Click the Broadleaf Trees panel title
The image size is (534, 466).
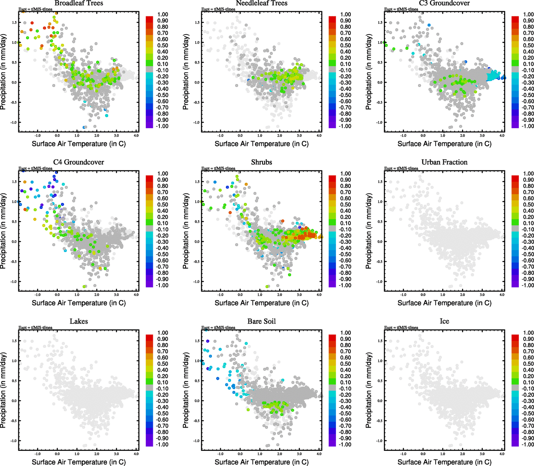coord(79,3)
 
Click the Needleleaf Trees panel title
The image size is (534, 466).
coord(261,3)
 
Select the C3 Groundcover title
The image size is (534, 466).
coord(444,3)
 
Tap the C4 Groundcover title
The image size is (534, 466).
coord(79,162)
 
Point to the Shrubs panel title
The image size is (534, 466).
coord(261,162)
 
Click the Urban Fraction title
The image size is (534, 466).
coord(444,162)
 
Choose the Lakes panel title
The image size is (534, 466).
coord(79,322)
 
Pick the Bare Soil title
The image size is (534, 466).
coord(261,322)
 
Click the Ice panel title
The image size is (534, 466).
coord(444,322)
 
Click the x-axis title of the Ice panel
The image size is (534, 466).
coord(444,462)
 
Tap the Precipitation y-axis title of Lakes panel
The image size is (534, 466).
coord(4,390)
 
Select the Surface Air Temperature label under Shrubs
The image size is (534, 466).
coord(261,303)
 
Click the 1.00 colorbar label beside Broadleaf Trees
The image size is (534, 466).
coord(163,14)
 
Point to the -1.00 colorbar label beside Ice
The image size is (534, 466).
coord(528,444)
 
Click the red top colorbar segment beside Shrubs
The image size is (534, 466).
coord(332,178)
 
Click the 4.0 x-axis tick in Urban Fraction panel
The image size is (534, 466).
coord(502,295)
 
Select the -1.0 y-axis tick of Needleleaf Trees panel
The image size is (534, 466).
coord(197,122)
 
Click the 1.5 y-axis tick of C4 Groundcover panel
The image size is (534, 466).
coord(14,182)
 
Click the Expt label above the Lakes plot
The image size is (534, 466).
coord(35,328)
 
